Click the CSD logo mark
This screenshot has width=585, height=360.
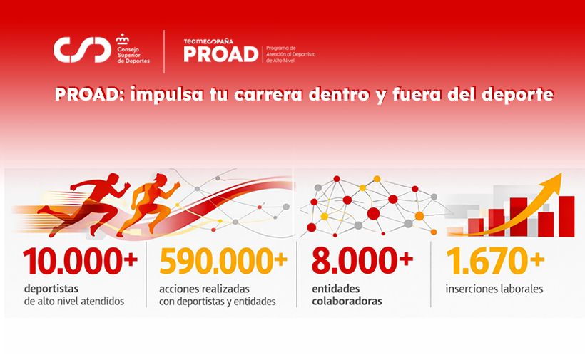(x=82, y=50)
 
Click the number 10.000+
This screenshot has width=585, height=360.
(x=79, y=262)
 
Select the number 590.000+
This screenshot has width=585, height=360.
(x=223, y=262)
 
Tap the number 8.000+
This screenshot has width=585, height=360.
(x=362, y=262)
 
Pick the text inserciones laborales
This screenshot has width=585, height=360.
(x=494, y=289)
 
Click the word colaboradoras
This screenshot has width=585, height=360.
(x=346, y=301)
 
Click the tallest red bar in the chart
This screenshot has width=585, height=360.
(x=566, y=215)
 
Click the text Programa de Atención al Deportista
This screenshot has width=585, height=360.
(x=289, y=51)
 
